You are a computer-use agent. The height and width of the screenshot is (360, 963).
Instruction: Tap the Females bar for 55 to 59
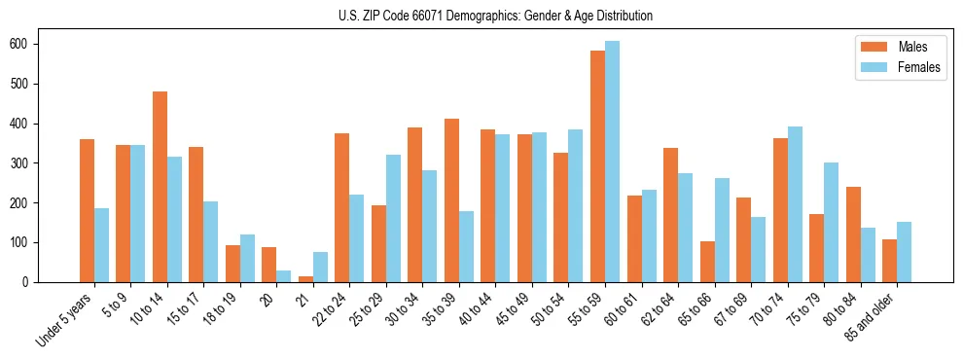[x=612, y=162]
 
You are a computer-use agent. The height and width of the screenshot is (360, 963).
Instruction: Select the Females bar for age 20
[x=284, y=276]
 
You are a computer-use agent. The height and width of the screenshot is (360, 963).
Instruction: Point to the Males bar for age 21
[x=305, y=279]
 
